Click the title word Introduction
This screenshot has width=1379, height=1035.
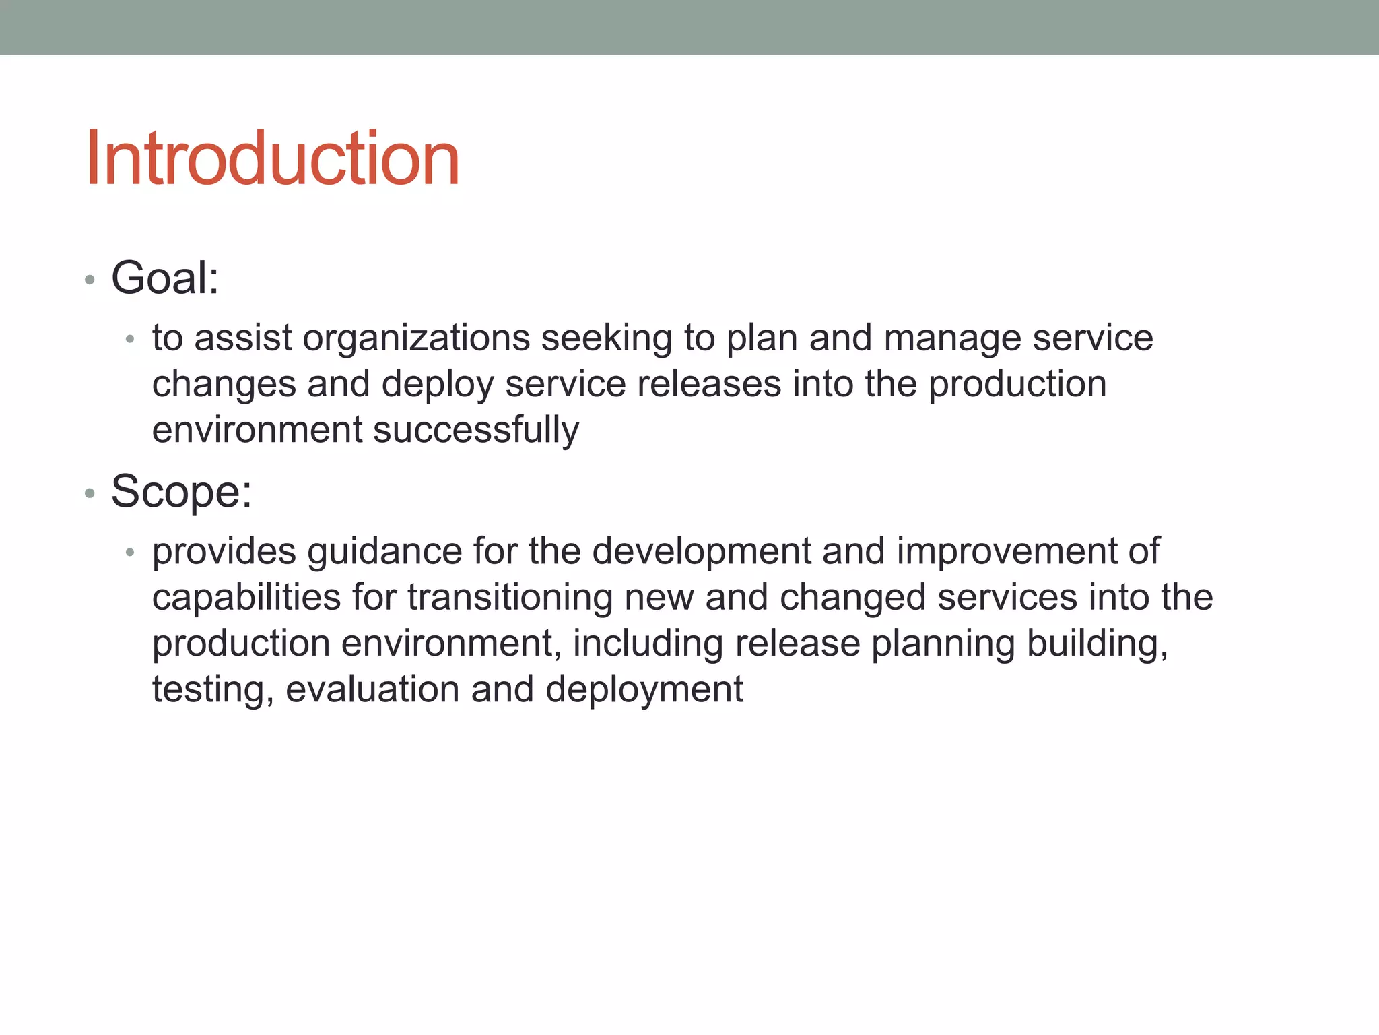pos(272,159)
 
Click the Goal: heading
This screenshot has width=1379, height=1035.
pos(165,278)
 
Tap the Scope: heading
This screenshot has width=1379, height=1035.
pos(181,491)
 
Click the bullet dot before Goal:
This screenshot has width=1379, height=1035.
pos(90,280)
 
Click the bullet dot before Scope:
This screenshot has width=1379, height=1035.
pos(90,494)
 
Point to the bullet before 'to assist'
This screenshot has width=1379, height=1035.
pos(130,339)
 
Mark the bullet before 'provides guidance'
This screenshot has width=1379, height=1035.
pos(130,553)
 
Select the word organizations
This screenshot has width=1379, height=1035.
pos(416,338)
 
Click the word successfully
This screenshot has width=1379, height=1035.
pos(475,431)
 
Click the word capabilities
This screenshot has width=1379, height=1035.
pos(246,598)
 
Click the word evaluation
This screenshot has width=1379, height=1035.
pos(372,689)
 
